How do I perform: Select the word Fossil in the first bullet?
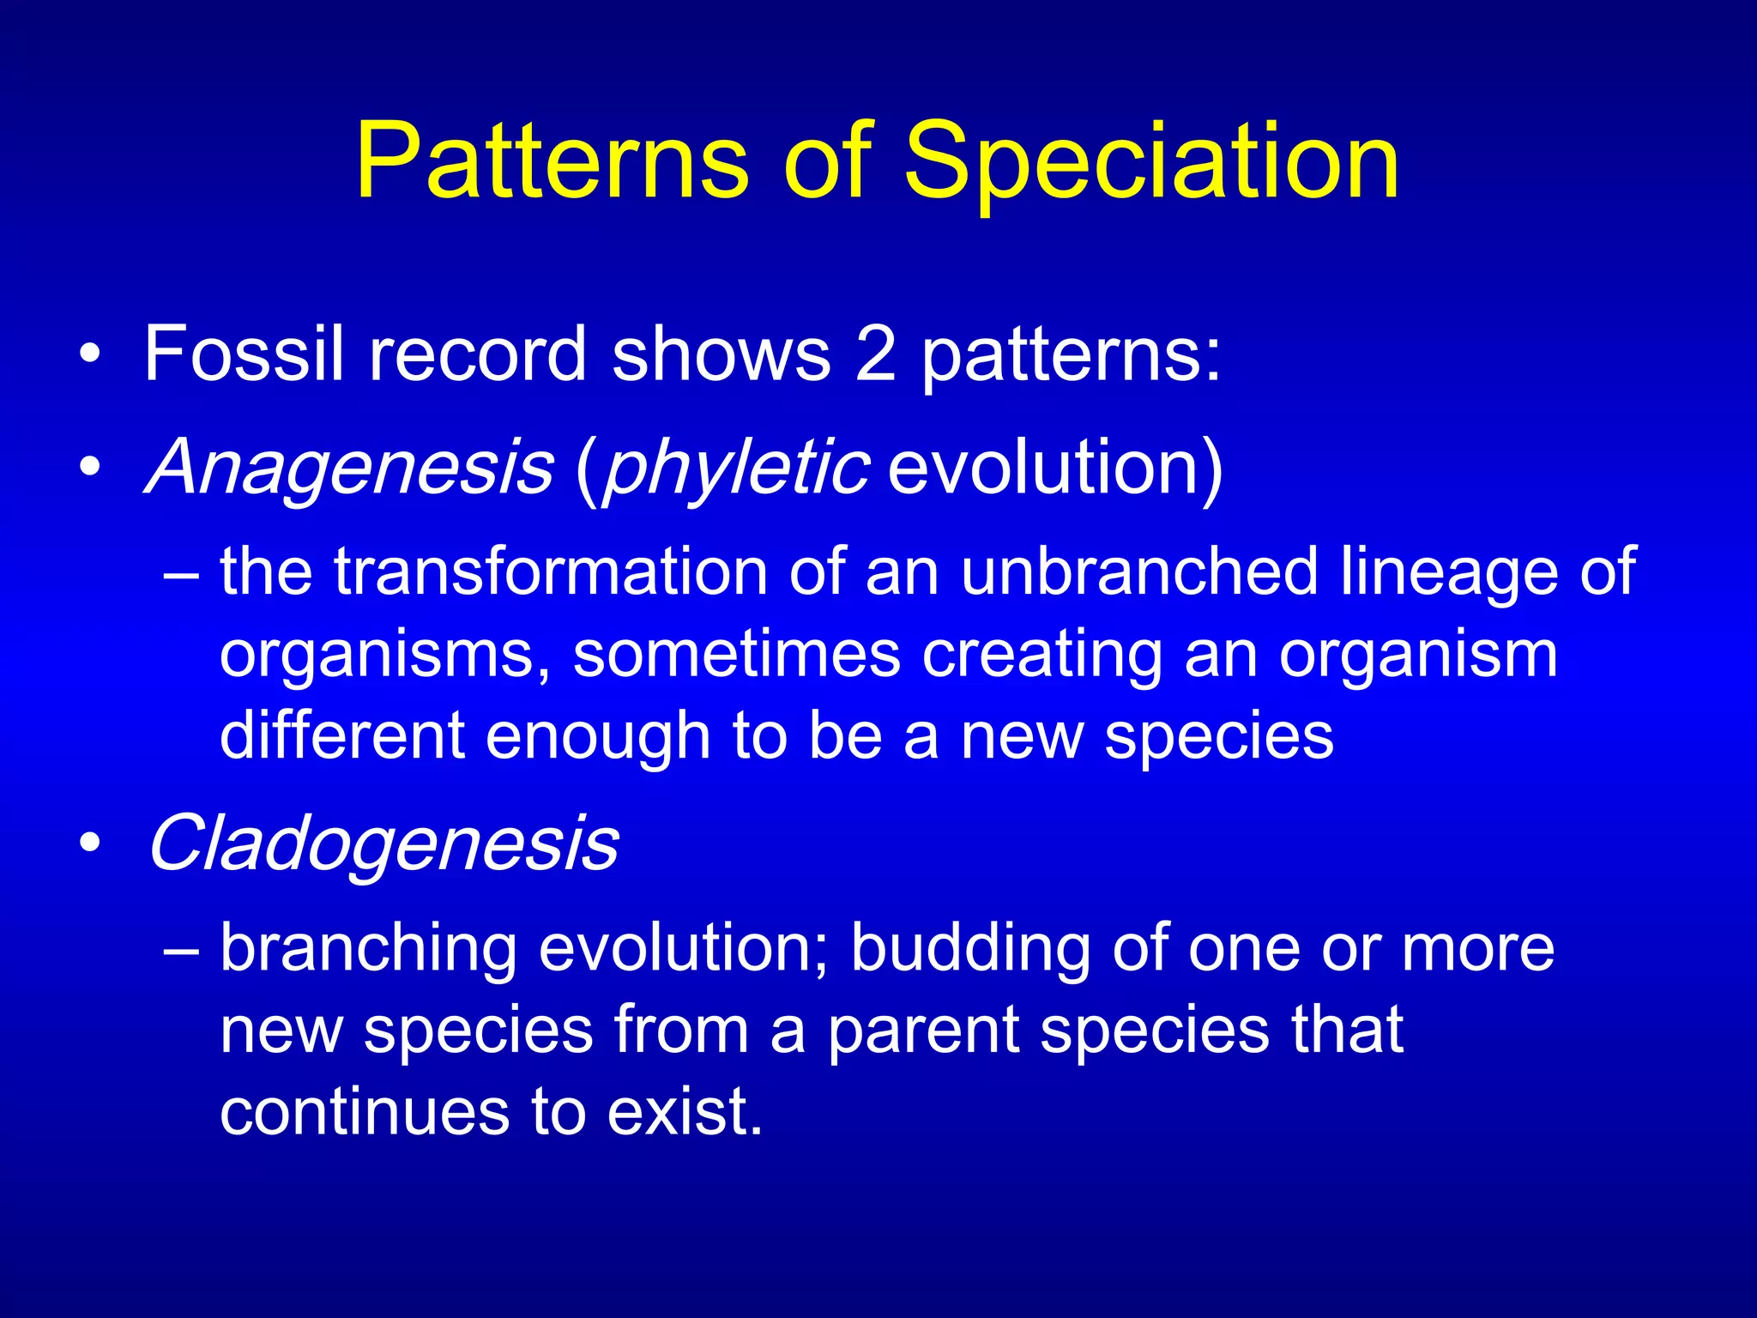coord(244,354)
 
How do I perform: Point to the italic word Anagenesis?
coord(350,468)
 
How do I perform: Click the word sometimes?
coord(737,654)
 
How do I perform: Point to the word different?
coord(342,735)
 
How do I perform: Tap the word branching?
coord(369,949)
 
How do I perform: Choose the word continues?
coord(365,1112)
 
